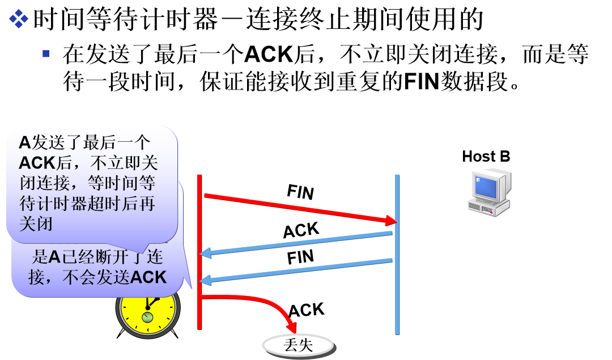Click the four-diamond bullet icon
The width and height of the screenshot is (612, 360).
(x=19, y=18)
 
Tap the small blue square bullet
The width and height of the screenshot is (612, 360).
(x=46, y=53)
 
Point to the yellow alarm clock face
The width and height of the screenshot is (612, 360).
(x=147, y=312)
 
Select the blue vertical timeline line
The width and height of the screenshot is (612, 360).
(x=397, y=255)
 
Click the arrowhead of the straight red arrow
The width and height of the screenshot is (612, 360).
(x=391, y=220)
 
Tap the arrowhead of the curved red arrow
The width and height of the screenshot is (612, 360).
(x=291, y=328)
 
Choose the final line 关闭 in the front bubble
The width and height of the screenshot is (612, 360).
(x=36, y=224)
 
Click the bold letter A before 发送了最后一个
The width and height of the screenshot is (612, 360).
(x=24, y=142)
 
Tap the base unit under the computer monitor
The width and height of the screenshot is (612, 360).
(x=488, y=208)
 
